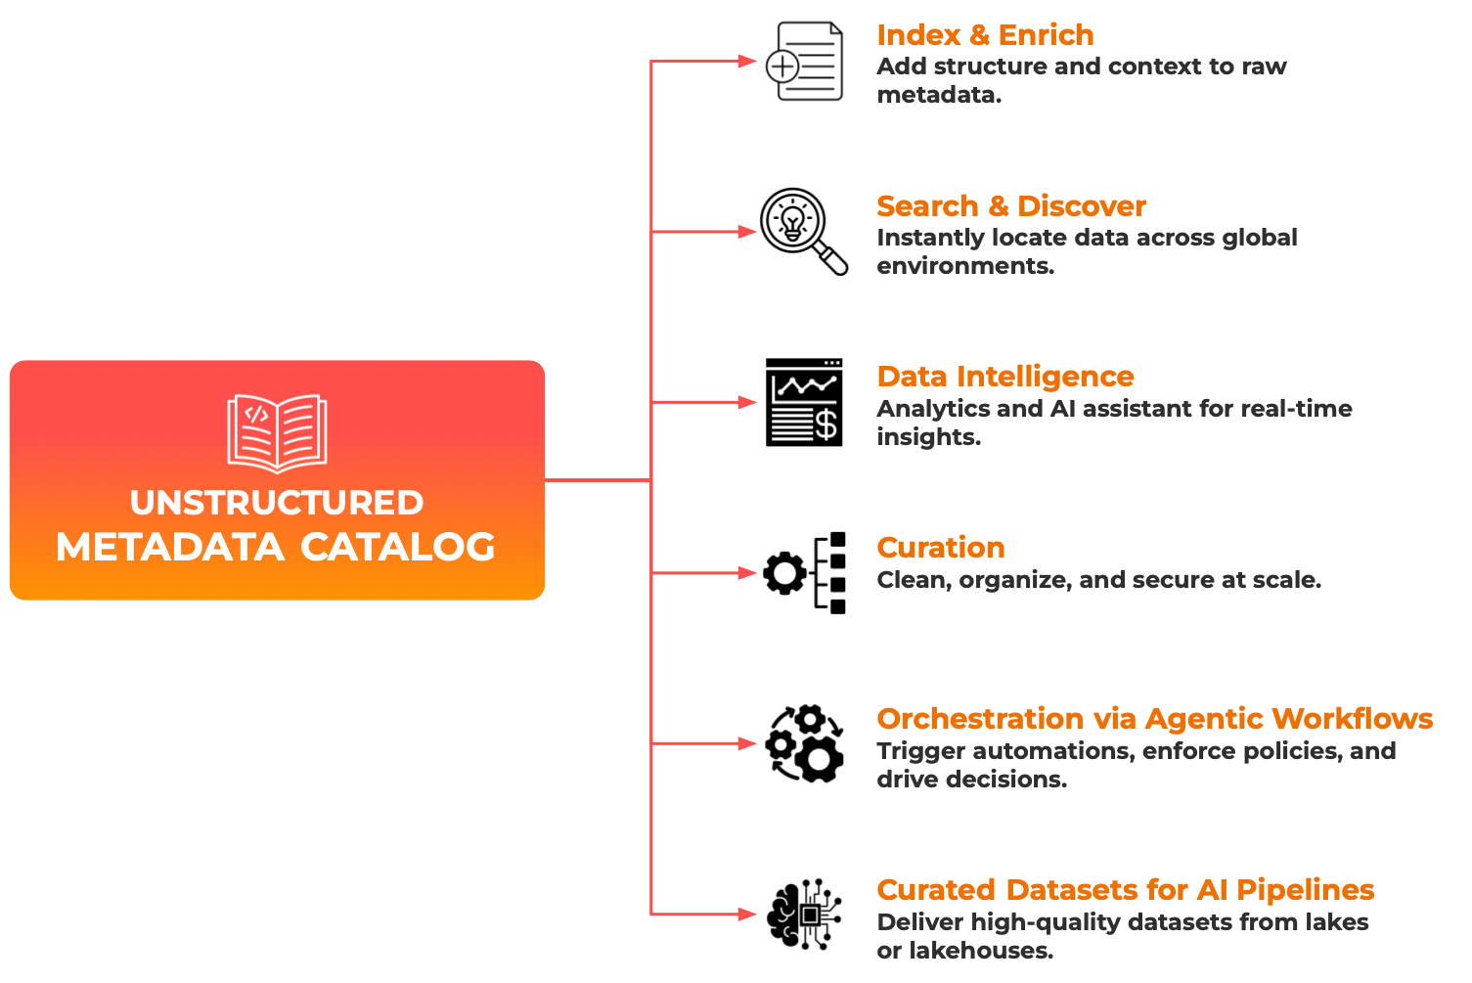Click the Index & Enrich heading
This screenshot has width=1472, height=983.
click(985, 35)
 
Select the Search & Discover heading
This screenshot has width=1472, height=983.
click(1010, 206)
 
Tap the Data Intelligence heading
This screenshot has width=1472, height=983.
click(1004, 377)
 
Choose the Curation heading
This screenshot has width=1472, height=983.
click(940, 548)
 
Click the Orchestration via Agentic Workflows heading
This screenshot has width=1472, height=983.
click(1154, 719)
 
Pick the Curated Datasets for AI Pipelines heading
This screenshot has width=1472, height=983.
click(1125, 890)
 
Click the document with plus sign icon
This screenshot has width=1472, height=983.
click(804, 61)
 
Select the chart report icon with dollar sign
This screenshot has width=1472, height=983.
click(804, 402)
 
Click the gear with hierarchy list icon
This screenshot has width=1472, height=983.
click(804, 573)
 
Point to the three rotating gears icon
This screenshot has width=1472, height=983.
click(804, 743)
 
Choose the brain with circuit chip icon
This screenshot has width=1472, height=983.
click(804, 915)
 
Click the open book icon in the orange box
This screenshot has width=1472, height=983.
click(277, 432)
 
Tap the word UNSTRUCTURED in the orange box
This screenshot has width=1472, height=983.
click(277, 503)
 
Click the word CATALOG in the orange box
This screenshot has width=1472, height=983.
click(397, 548)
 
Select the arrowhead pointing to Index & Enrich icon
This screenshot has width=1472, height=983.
click(747, 61)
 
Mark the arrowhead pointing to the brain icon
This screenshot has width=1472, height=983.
click(747, 915)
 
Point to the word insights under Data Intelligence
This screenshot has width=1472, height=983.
click(927, 437)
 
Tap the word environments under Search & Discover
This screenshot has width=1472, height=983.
click(964, 266)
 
